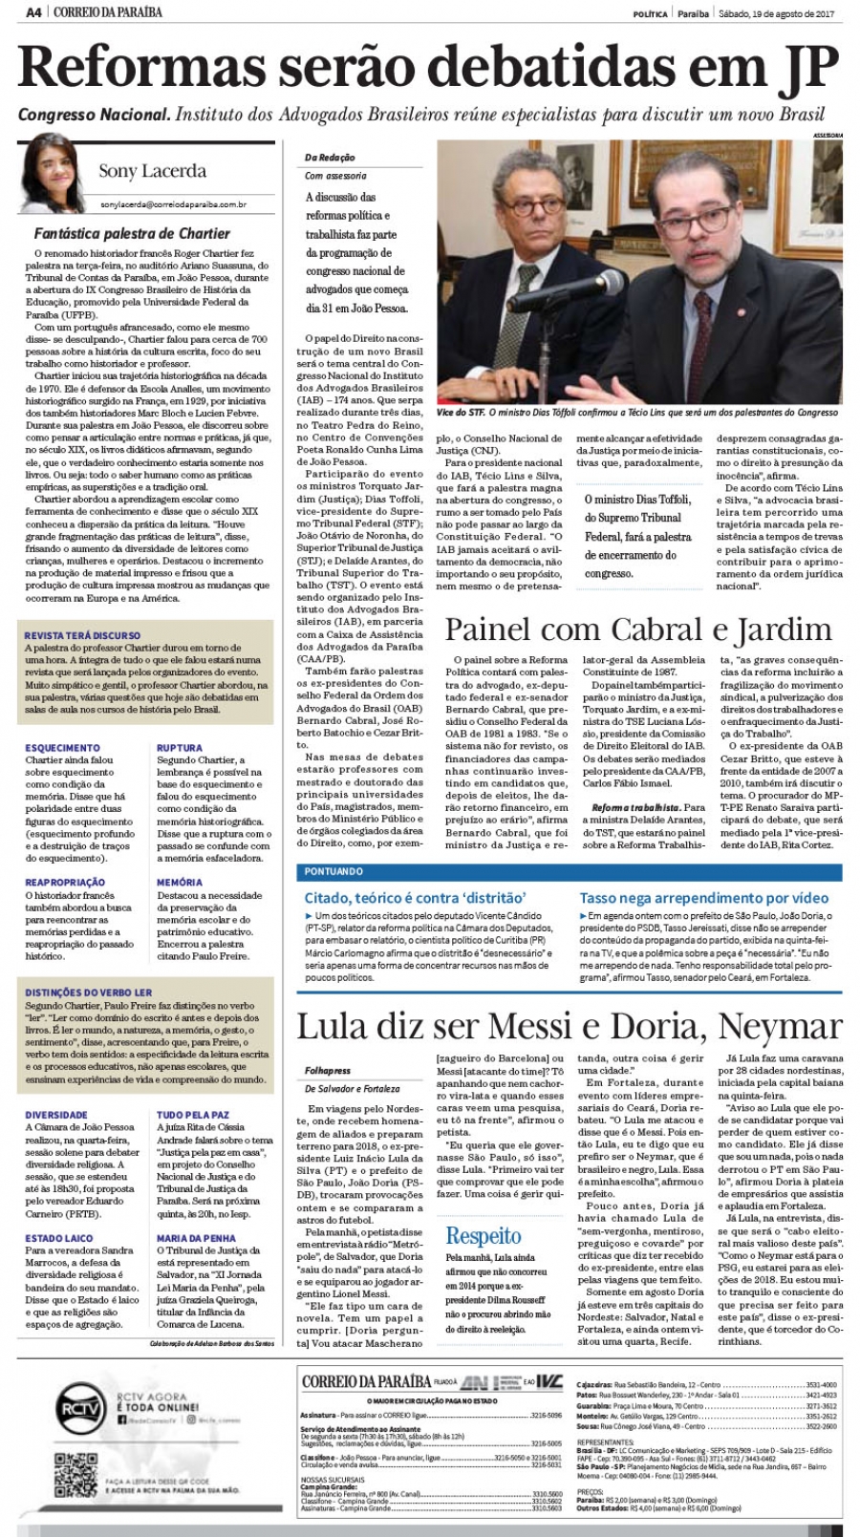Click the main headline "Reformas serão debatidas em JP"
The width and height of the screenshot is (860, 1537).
point(429,67)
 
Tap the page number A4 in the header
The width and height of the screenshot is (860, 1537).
point(32,11)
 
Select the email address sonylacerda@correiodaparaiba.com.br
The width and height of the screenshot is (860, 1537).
point(173,203)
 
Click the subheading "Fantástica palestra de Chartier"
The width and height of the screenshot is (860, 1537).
point(132,233)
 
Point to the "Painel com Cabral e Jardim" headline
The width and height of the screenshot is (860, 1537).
point(638,629)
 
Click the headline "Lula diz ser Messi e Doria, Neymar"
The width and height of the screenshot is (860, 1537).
point(569,1027)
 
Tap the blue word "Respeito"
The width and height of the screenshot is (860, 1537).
point(484,1236)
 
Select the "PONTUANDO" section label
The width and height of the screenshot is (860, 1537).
point(333,871)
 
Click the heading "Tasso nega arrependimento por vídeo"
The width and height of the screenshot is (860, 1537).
point(703,898)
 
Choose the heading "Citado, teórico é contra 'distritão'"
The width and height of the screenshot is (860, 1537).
point(416,898)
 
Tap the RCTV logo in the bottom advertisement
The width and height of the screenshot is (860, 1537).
point(79,1409)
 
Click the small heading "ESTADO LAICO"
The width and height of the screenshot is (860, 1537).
point(59,1238)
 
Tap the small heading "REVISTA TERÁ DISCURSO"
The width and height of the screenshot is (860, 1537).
point(82,635)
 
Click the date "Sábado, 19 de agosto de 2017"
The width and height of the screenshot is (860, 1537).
point(777,13)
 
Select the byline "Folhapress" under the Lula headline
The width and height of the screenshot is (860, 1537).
point(328,1071)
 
